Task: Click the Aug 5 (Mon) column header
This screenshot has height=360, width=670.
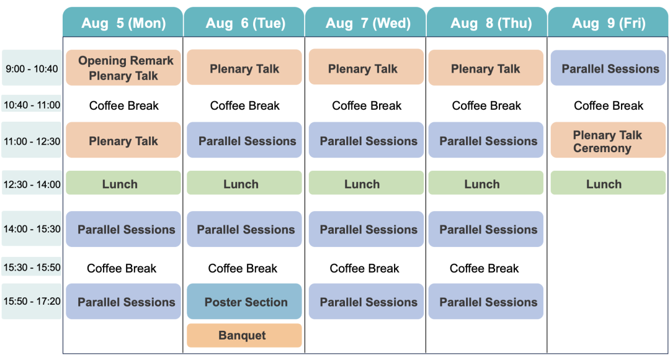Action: [123, 22]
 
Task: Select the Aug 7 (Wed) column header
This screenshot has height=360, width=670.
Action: [365, 22]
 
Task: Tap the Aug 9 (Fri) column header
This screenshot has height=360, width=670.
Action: [608, 22]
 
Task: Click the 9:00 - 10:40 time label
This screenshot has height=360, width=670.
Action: [32, 68]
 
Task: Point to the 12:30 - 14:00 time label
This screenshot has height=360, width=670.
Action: [32, 184]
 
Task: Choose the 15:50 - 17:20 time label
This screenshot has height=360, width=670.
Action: [32, 301]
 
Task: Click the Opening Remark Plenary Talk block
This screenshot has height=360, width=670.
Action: [123, 68]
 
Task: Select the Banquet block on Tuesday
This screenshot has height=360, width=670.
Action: [244, 335]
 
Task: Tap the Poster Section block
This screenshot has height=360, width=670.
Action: [244, 302]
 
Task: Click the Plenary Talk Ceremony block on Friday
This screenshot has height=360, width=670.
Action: [608, 140]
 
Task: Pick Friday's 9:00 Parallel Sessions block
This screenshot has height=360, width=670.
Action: [608, 68]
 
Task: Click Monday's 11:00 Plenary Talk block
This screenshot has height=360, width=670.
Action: [123, 140]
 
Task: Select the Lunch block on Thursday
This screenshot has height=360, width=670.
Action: [486, 183]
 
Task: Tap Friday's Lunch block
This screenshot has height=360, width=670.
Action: [608, 183]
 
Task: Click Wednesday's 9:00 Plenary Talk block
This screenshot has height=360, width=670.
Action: [366, 67]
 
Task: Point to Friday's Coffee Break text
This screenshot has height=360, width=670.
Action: [609, 106]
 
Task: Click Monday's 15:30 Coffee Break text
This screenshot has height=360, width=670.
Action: [122, 269]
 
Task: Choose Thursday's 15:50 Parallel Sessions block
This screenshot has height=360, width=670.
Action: [486, 302]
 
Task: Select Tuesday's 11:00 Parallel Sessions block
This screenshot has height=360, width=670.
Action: [244, 140]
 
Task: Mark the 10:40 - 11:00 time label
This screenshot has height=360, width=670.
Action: [32, 105]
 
